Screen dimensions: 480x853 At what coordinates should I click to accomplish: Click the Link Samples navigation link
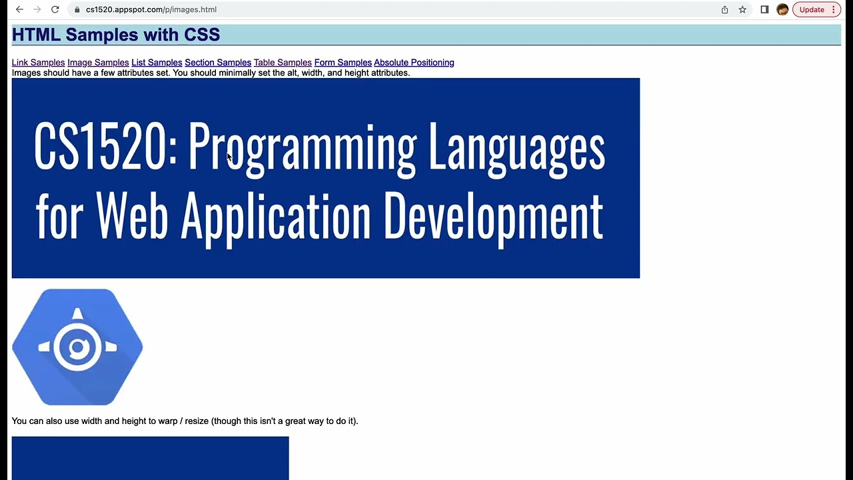coord(38,63)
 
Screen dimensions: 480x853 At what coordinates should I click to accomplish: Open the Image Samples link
coord(98,63)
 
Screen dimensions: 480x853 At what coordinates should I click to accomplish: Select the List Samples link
coord(157,63)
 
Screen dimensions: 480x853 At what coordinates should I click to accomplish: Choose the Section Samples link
coord(218,63)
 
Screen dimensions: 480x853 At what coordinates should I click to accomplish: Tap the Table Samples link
coord(283,63)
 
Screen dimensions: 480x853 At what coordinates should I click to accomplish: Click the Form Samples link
coord(343,63)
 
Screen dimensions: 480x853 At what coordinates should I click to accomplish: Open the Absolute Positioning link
coord(414,63)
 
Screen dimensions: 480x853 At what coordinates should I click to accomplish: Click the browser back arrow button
coord(19,9)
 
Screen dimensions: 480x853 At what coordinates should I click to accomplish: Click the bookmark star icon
coord(742,9)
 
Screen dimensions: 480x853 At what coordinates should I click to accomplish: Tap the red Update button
coord(812,9)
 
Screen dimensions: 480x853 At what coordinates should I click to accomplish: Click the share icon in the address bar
coord(724,9)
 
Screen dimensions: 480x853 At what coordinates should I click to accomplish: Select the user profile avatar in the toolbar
coord(782,9)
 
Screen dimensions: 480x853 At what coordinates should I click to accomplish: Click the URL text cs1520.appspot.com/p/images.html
coord(151,9)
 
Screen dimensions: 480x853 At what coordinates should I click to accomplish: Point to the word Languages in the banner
coord(516,148)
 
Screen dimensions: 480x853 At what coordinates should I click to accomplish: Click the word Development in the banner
coord(493,217)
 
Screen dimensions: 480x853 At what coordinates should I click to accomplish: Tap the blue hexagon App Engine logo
coord(77,347)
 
